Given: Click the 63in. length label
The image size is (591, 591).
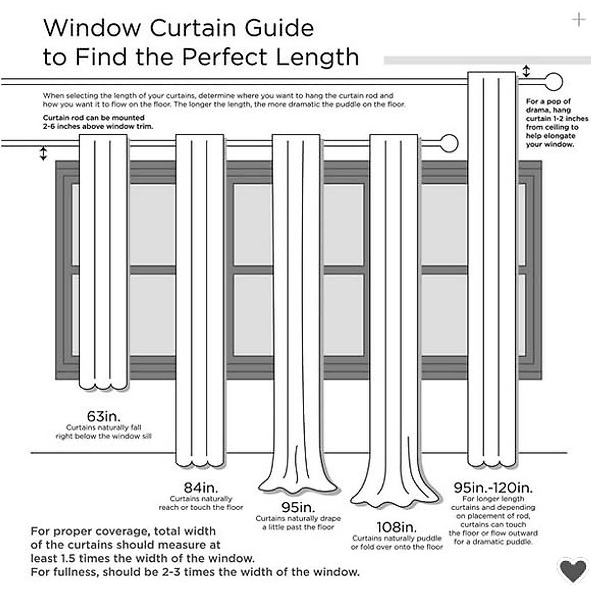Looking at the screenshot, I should pyautogui.click(x=103, y=416).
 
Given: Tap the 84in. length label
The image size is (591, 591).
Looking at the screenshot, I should pyautogui.click(x=200, y=488).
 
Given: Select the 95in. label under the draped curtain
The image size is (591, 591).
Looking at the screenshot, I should pyautogui.click(x=298, y=507).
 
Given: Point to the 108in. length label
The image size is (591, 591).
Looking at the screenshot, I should pyautogui.click(x=396, y=527).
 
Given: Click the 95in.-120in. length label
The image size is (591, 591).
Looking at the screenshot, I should pyautogui.click(x=493, y=488).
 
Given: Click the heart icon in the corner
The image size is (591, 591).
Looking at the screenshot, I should pyautogui.click(x=573, y=570).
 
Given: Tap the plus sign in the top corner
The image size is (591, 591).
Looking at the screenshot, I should pyautogui.click(x=578, y=20).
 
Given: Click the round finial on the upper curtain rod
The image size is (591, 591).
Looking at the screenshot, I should pyautogui.click(x=554, y=82).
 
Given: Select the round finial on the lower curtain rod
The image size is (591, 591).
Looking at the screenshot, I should pyautogui.click(x=449, y=144).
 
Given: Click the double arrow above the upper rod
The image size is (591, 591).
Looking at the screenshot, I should pyautogui.click(x=526, y=71).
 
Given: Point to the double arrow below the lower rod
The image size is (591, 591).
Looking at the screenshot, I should pyautogui.click(x=43, y=153).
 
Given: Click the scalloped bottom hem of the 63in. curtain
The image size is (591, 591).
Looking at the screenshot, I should pyautogui.click(x=103, y=384).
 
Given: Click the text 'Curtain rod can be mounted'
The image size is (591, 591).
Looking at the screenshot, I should pyautogui.click(x=94, y=118).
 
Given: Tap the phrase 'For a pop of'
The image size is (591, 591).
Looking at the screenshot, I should pyautogui.click(x=548, y=101).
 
